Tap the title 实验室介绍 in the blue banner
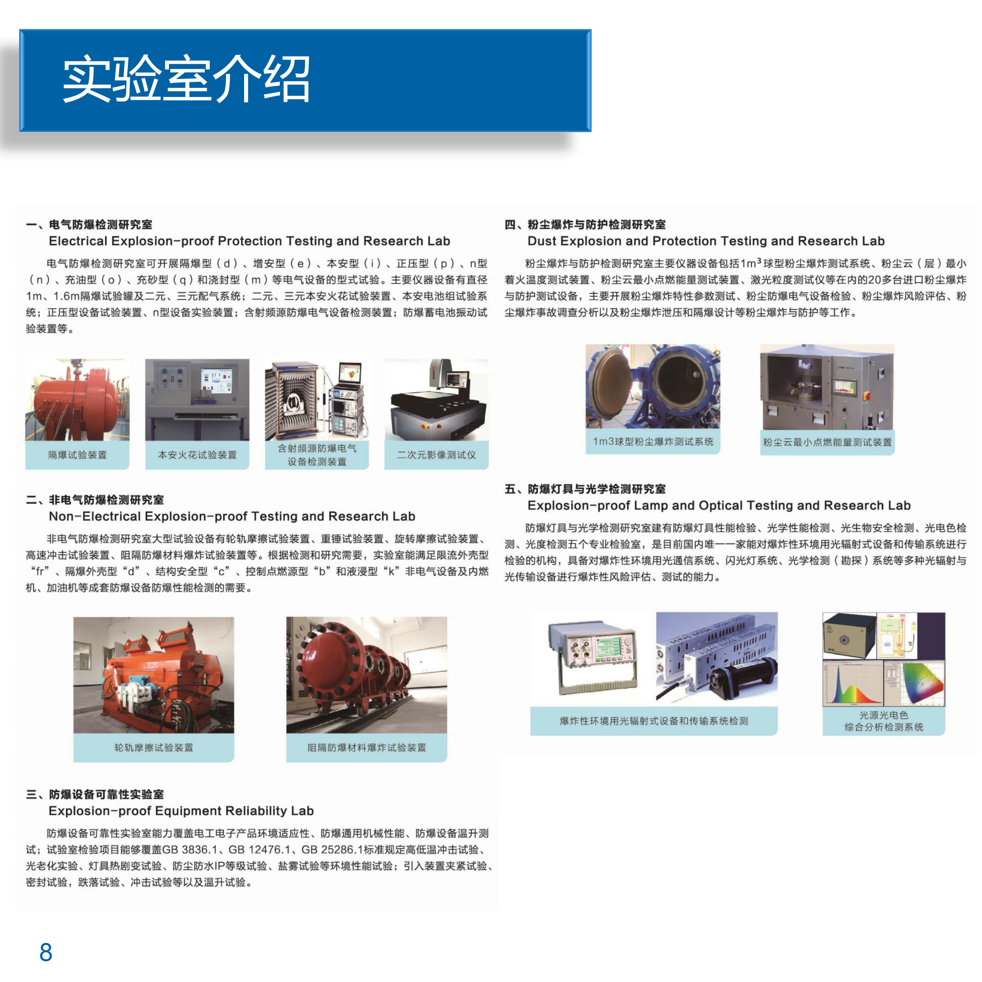[x=186, y=79]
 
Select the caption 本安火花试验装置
[x=197, y=455]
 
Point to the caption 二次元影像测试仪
[x=437, y=455]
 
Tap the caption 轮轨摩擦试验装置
[x=154, y=748]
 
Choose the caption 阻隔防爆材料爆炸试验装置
[x=367, y=748]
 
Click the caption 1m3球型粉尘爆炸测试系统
[x=653, y=442]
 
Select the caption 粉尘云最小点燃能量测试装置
[x=827, y=442]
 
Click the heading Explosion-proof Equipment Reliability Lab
[x=181, y=811]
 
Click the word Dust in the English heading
[x=542, y=241]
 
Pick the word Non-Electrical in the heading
[x=95, y=517]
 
